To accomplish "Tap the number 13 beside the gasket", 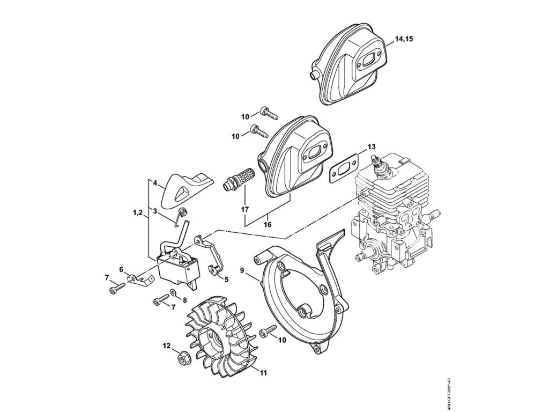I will point(372,146).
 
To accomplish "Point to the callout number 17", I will point(245,209).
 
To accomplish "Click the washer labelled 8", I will point(173,293).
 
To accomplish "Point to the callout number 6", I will point(121,269).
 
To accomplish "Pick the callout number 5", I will point(226,279).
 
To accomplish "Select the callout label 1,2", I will point(137,213).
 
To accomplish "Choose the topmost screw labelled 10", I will point(266,112).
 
